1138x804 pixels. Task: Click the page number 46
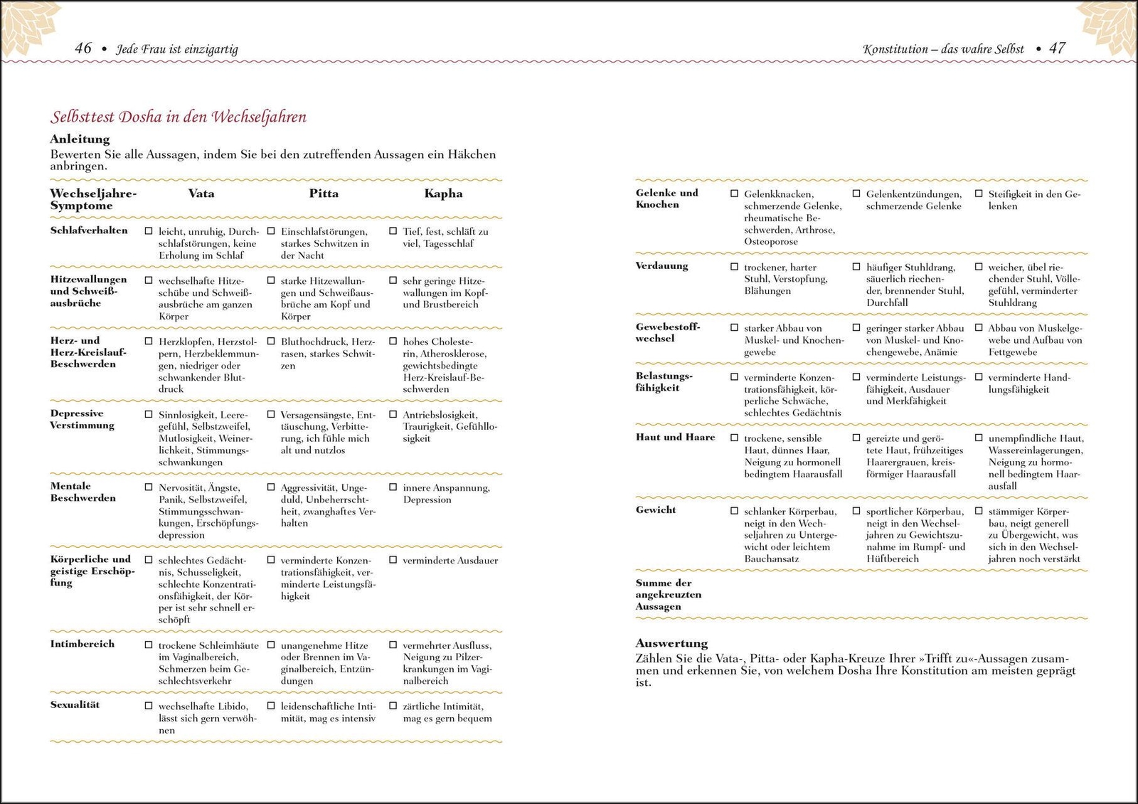tap(83, 48)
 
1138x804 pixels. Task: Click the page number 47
tap(1058, 48)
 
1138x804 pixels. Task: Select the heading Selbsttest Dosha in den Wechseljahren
tap(179, 117)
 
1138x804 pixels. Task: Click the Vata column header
tap(201, 194)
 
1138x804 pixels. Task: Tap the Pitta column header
tap(324, 194)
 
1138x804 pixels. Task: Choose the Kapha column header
tap(443, 194)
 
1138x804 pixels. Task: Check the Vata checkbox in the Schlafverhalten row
tap(149, 231)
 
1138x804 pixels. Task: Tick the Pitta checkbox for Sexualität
tap(271, 706)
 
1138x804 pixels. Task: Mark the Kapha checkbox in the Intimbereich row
tap(393, 645)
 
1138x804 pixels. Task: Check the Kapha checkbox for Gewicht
tap(979, 512)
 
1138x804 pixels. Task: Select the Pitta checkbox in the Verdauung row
tap(856, 267)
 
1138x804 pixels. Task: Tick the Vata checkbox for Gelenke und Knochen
tap(735, 194)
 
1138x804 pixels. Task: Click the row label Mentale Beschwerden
tap(83, 492)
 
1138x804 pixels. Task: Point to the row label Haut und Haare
tap(675, 438)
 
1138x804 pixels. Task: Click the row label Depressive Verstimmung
tap(82, 420)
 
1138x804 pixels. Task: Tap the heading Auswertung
tap(671, 643)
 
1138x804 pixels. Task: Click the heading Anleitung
tap(80, 139)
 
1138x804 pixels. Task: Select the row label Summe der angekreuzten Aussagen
tap(668, 595)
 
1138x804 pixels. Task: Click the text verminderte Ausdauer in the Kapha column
tap(450, 561)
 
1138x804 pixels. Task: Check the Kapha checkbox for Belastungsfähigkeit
tap(979, 377)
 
